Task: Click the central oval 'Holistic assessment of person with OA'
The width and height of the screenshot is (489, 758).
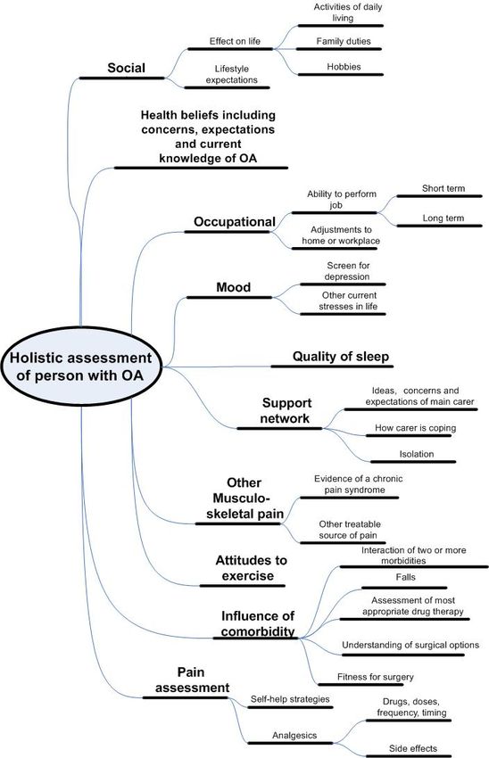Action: tap(80, 366)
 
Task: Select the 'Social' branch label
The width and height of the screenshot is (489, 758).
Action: tap(126, 68)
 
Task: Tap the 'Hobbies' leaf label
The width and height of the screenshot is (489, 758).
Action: tap(344, 67)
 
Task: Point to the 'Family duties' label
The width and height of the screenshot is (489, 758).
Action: tap(344, 42)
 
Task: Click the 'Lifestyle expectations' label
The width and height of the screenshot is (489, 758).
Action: tap(232, 74)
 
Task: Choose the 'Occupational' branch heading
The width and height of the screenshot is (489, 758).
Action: tap(235, 222)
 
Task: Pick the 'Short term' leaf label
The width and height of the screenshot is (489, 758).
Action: tap(443, 188)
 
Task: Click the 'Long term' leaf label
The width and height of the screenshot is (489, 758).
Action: tap(443, 218)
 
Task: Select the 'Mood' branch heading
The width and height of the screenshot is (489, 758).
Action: tap(234, 288)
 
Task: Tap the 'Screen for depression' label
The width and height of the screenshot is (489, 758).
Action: tap(348, 271)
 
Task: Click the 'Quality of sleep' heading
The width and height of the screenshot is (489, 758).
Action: tap(341, 357)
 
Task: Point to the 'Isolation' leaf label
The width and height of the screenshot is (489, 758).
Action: tap(417, 454)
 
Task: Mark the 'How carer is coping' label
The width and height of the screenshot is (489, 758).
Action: tap(416, 428)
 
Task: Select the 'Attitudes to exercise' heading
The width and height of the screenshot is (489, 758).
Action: tap(251, 568)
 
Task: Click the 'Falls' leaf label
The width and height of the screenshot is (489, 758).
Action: tap(405, 577)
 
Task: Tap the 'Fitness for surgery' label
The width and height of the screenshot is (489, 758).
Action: tap(376, 677)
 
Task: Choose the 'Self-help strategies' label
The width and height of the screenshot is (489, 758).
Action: tap(290, 699)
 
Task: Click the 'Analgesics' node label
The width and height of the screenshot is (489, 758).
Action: tap(294, 736)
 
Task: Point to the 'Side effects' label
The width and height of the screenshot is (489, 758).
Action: tap(413, 748)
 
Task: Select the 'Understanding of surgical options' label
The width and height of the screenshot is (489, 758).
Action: tap(410, 645)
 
